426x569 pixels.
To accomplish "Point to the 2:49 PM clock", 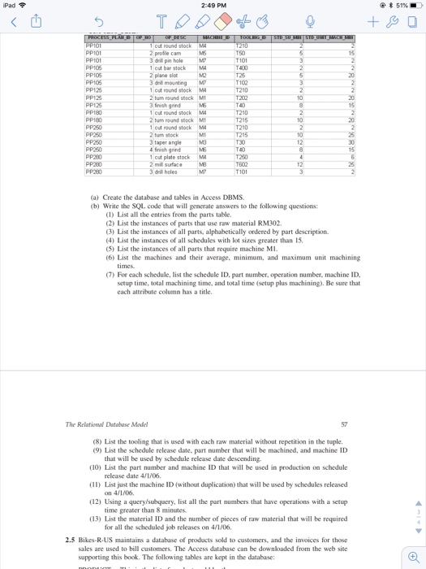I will pos(213,7).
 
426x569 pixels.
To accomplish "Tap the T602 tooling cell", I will pos(243,165).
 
